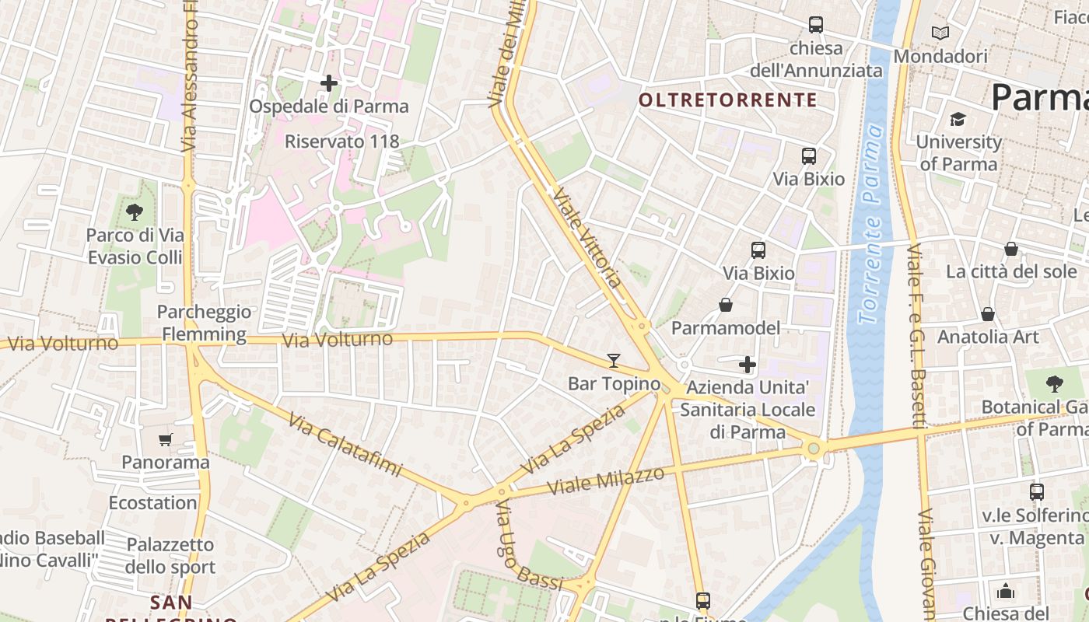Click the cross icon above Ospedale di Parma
pos(329,82)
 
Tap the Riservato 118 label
pos(341,142)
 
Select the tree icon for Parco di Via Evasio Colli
pos(135,211)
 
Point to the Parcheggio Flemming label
pos(204,323)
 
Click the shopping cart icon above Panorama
pos(166,440)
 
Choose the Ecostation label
pos(152,502)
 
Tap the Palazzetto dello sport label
pos(170,555)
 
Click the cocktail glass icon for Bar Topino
pos(614,361)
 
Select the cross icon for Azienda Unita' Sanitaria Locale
pos(748,364)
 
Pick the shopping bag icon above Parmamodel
pos(726,305)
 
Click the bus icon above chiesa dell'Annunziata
pos(815,25)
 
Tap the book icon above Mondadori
pos(940,33)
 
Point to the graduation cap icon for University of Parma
pos(958,119)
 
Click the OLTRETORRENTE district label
pos(727,100)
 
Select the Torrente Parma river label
pos(872,225)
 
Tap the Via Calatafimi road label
pos(345,444)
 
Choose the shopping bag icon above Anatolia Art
pos(988,314)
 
